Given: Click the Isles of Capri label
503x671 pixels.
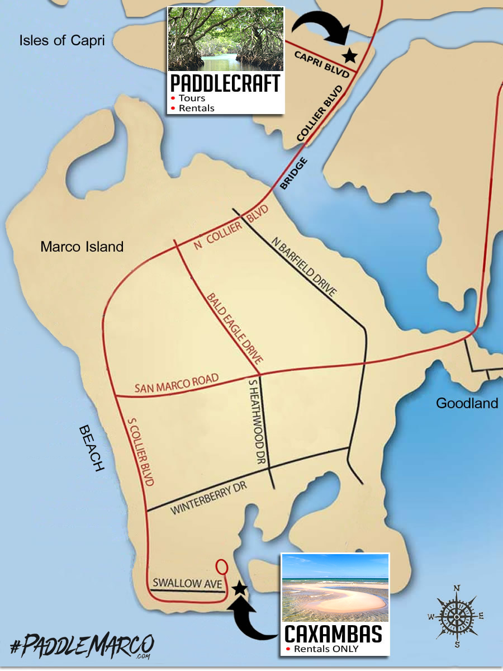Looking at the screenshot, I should pyautogui.click(x=61, y=40).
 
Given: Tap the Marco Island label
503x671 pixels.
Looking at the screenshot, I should pyautogui.click(x=82, y=247).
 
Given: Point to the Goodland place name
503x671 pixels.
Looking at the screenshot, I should pyautogui.click(x=467, y=403).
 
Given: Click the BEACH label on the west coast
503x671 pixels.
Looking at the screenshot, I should pyautogui.click(x=92, y=448).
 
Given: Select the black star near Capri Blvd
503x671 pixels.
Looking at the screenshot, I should pyautogui.click(x=350, y=55).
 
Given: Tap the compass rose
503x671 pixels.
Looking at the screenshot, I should pyautogui.click(x=457, y=616).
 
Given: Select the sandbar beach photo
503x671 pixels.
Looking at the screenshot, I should pyautogui.click(x=335, y=587).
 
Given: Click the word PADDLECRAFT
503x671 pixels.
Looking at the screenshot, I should pyautogui.click(x=225, y=83).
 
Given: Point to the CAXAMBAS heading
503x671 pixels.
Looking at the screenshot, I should pyautogui.click(x=334, y=634).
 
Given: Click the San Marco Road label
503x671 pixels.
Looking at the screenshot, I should pyautogui.click(x=175, y=384).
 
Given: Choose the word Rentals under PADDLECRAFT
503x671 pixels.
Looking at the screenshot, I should pyautogui.click(x=196, y=108).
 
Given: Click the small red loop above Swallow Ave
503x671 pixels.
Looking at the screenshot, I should pyautogui.click(x=221, y=566).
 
